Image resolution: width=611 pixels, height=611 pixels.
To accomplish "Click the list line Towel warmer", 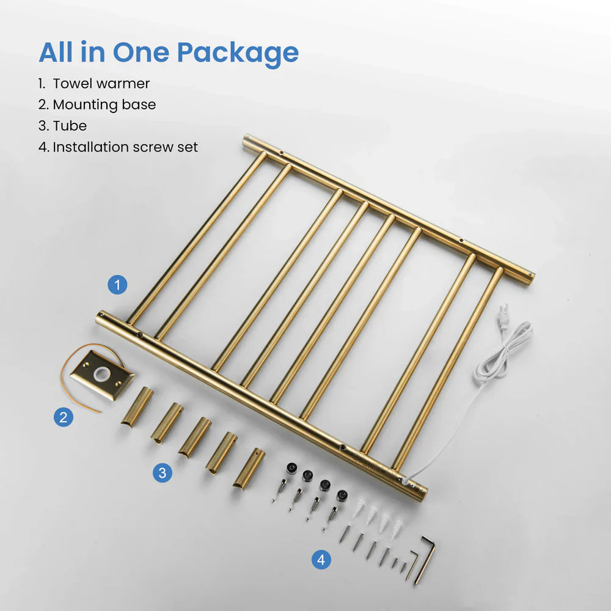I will click(101, 84).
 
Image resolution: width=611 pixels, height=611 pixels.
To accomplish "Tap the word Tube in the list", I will click(70, 126).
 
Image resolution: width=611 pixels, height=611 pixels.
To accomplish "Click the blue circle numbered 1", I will click(117, 284).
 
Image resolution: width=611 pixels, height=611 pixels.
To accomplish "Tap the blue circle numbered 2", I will click(63, 417).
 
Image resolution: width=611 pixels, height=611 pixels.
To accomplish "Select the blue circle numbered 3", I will click(162, 472).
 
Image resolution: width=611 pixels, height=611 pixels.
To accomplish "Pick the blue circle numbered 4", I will click(321, 560).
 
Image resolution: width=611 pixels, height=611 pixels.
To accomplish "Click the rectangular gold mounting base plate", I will click(103, 375).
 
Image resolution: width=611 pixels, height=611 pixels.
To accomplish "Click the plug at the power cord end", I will click(502, 316).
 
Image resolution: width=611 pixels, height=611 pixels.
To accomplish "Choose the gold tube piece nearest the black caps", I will click(249, 469).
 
